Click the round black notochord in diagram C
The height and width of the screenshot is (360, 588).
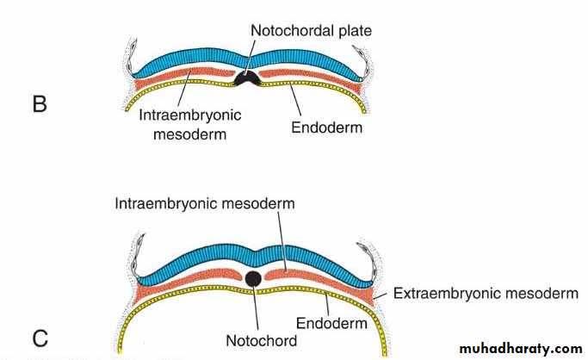click(x=253, y=278)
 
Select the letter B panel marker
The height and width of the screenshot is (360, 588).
click(x=40, y=105)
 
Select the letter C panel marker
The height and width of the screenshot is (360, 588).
click(x=40, y=338)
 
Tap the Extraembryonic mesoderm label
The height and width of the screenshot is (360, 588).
click(x=486, y=294)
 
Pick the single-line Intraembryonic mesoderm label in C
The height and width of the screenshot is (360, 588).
click(x=205, y=204)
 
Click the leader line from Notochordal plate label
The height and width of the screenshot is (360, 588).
click(x=250, y=56)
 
